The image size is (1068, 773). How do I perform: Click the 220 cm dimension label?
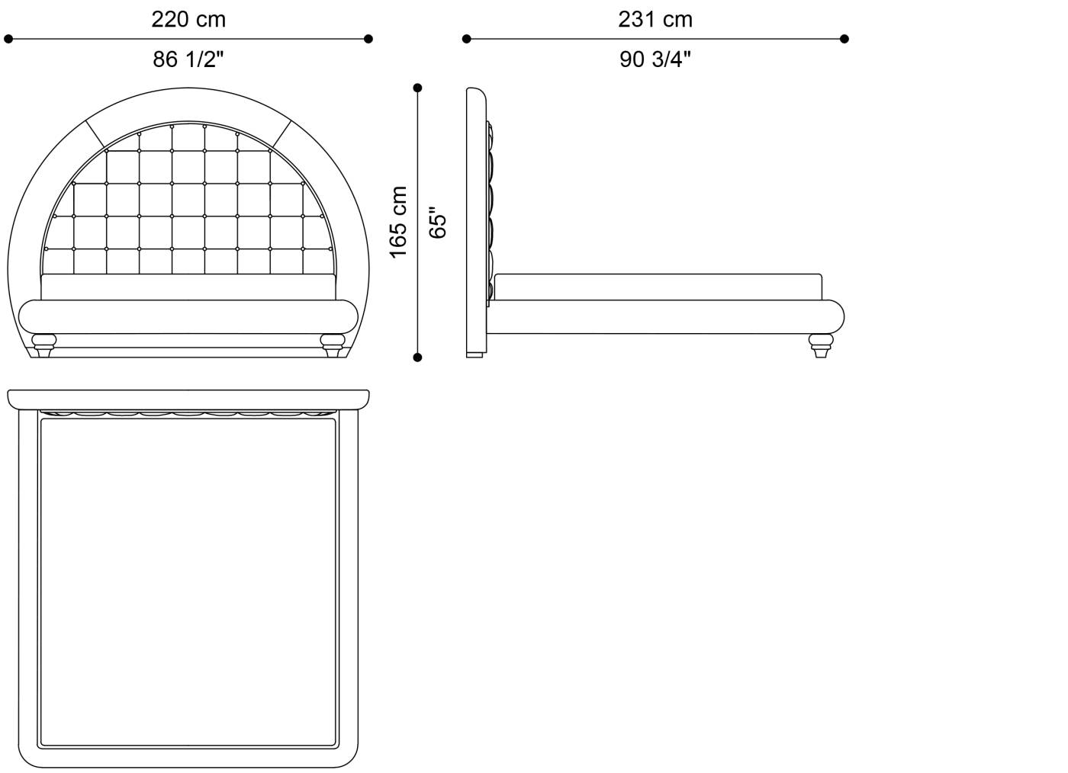pyautogui.click(x=188, y=20)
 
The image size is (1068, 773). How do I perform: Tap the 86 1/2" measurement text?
pyautogui.click(x=188, y=59)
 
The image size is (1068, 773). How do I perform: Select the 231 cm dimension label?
pyautogui.click(x=655, y=20)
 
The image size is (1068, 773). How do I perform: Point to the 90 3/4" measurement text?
pyautogui.click(x=655, y=59)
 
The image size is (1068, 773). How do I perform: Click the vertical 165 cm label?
pyautogui.click(x=398, y=223)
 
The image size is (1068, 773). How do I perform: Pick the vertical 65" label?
pyautogui.click(x=437, y=223)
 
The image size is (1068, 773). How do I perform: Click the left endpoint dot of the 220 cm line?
pyautogui.click(x=8, y=39)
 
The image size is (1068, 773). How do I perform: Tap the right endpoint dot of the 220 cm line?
pyautogui.click(x=368, y=39)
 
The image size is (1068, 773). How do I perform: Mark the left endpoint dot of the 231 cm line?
pyautogui.click(x=467, y=39)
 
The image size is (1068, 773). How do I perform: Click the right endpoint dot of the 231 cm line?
pyautogui.click(x=844, y=39)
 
